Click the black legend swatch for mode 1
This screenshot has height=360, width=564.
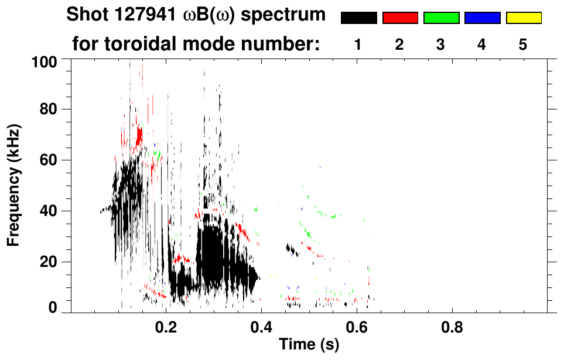pos(358,18)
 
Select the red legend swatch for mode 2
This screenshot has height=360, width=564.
pos(400,18)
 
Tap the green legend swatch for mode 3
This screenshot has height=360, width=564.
pos(441,18)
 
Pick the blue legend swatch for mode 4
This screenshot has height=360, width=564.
pos(482,18)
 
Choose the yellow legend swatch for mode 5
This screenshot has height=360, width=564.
pos(523,18)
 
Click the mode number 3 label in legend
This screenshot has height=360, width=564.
pos(441,44)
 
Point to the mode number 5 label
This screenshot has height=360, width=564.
pos(523,44)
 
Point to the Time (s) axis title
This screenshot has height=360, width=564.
pos(308,345)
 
